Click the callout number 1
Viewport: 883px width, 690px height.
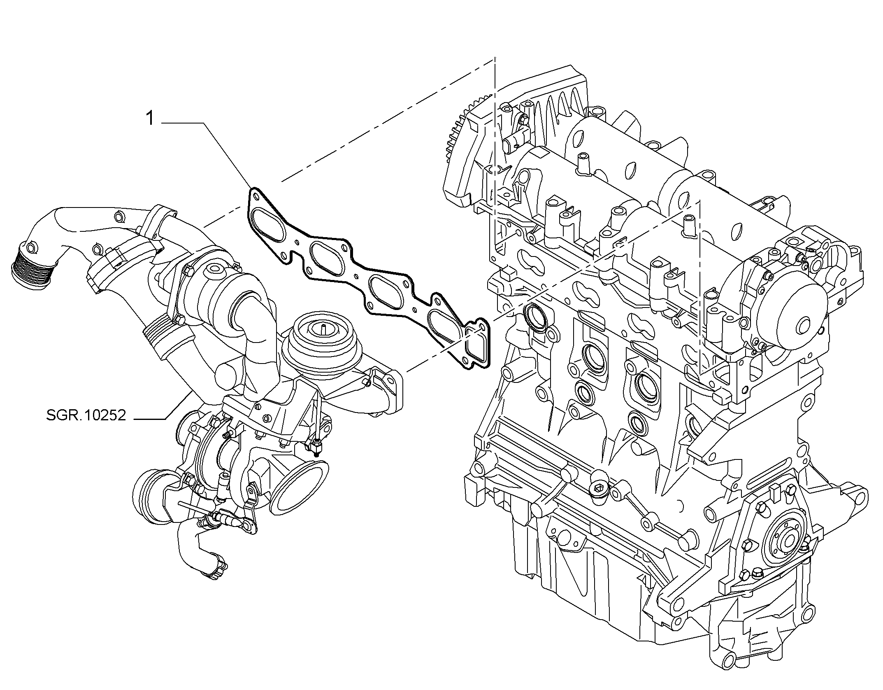[150, 119]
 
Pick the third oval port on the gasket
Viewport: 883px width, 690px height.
[385, 293]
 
